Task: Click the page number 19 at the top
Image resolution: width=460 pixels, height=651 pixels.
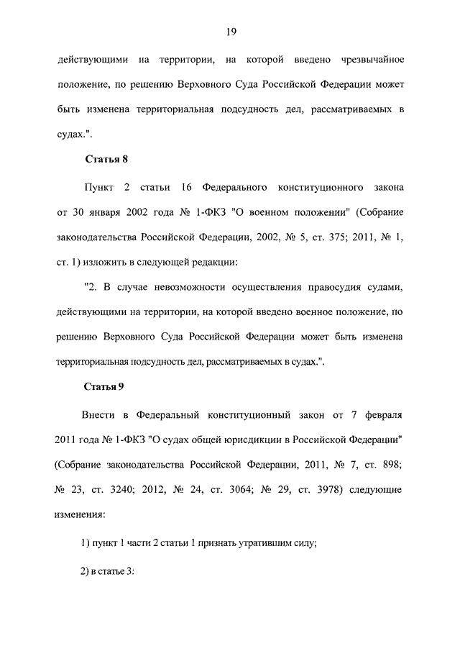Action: point(230,32)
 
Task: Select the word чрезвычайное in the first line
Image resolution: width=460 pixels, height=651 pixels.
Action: point(369,58)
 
